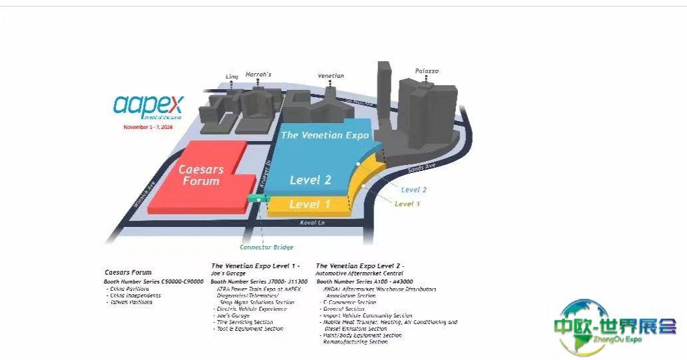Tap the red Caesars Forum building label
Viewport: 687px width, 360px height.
[200, 175]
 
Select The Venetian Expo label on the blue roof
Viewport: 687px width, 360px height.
[324, 135]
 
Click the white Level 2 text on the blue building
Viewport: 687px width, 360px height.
[310, 180]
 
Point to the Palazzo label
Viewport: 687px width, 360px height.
[427, 71]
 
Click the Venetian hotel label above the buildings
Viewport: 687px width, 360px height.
[330, 76]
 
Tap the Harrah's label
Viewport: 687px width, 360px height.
[258, 74]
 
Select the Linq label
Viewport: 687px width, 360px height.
[232, 77]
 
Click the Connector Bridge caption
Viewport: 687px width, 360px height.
[266, 248]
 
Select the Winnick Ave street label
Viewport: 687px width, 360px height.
[144, 194]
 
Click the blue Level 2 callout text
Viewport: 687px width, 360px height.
[413, 190]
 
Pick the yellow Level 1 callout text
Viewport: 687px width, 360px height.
[407, 204]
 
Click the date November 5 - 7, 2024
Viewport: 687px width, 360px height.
[147, 126]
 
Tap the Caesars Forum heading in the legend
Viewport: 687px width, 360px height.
[128, 272]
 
